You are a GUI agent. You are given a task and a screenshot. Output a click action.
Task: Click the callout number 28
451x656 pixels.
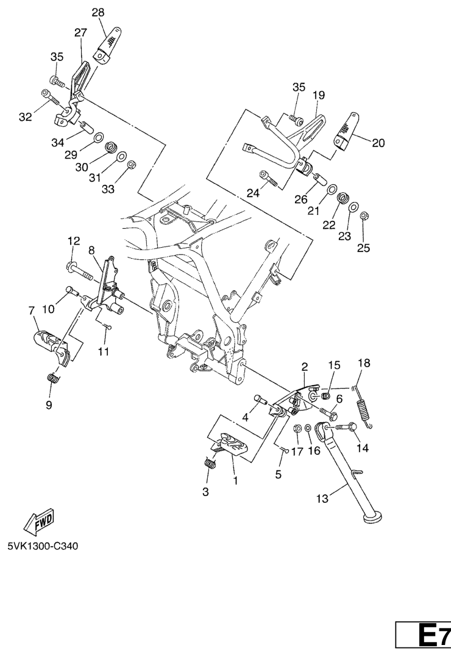tap(98, 13)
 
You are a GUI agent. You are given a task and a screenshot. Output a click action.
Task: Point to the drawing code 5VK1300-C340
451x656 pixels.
tap(43, 546)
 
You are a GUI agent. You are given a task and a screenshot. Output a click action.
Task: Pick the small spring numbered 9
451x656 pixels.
tap(52, 378)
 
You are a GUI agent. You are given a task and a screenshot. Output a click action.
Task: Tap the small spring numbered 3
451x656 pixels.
tap(210, 463)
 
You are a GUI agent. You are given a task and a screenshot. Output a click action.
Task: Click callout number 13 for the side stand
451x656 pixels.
tap(322, 499)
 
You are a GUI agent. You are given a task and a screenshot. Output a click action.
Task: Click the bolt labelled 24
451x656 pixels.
tap(268, 178)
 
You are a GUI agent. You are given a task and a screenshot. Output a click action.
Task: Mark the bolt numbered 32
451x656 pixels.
tap(50, 97)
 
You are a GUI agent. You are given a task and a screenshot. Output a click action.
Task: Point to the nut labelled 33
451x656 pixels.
tap(131, 164)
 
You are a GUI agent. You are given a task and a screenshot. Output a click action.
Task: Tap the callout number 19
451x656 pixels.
tap(319, 95)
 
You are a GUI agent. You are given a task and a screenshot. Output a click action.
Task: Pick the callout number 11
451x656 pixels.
tap(103, 351)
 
